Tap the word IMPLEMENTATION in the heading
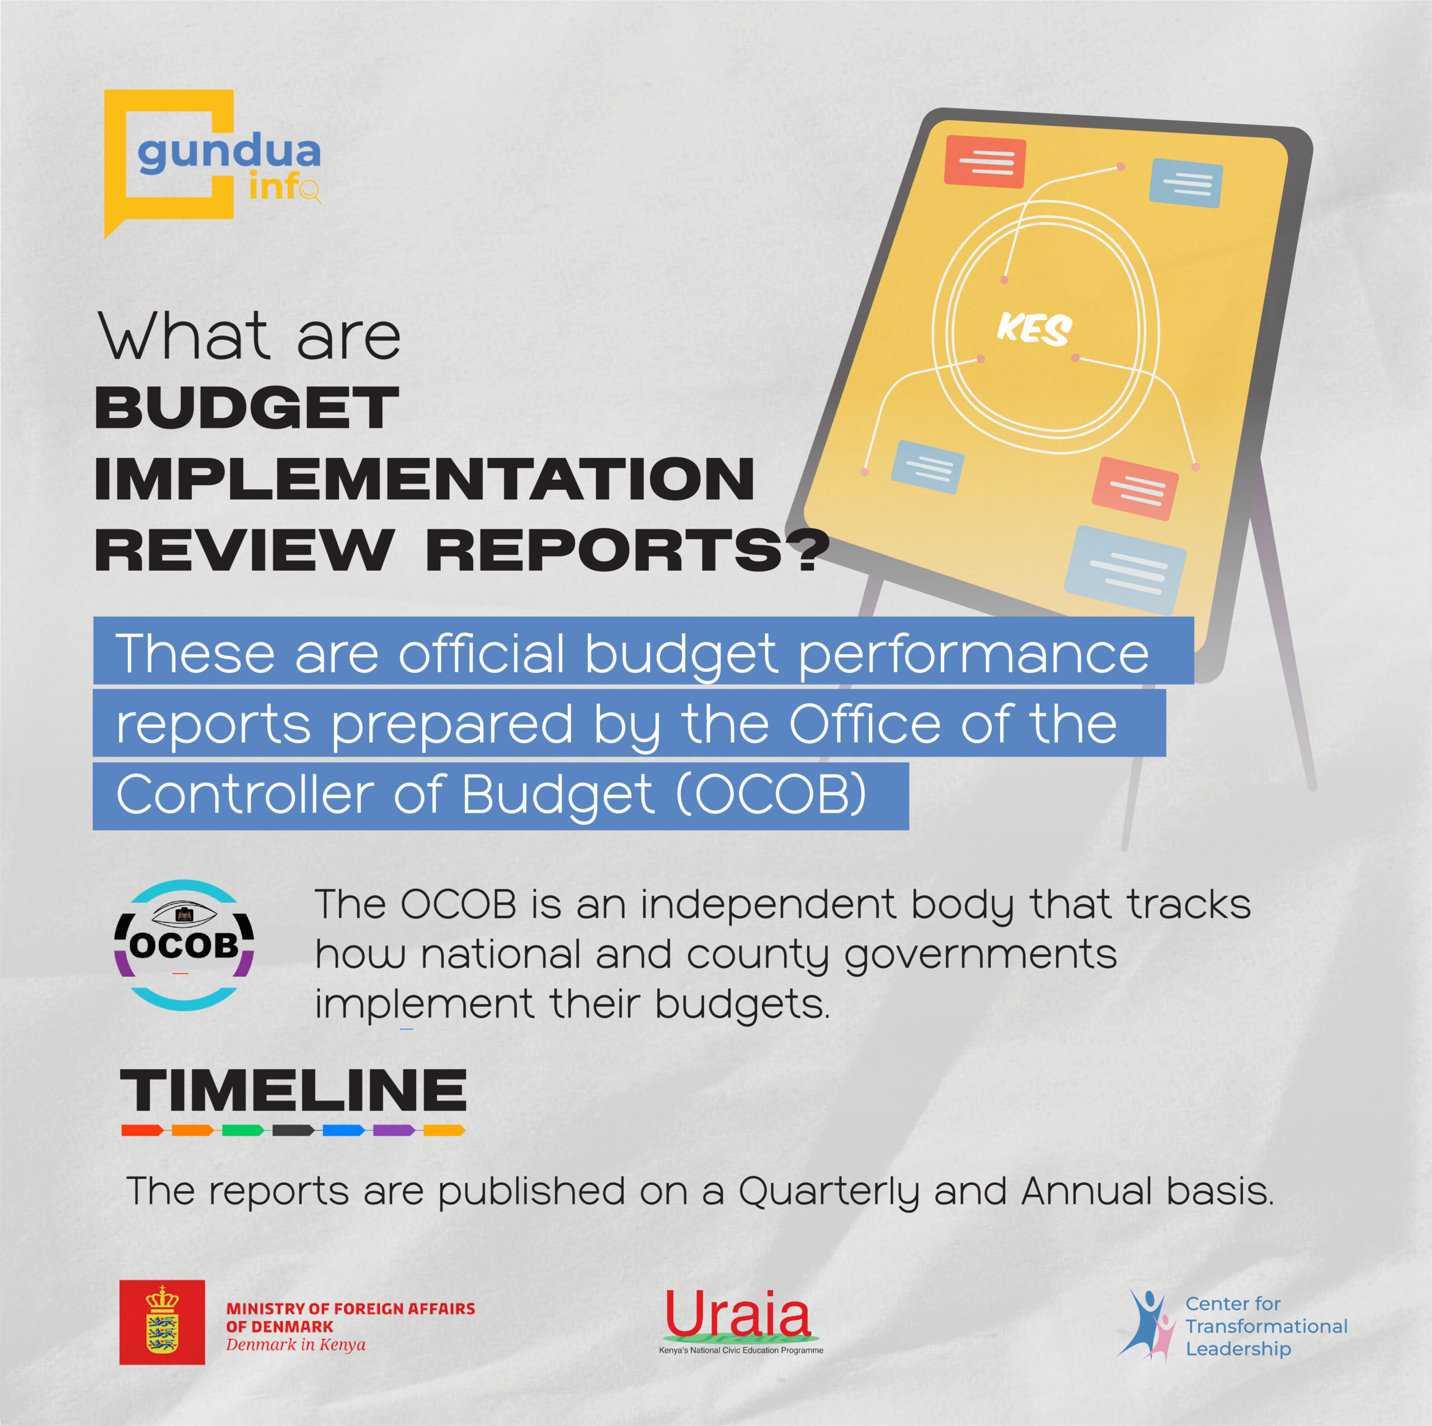click(x=425, y=479)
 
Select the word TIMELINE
click(x=294, y=1090)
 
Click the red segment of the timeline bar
click(x=142, y=1130)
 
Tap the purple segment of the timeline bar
click(x=394, y=1130)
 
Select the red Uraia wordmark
click(x=737, y=1314)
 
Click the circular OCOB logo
click(x=185, y=945)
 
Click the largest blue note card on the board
click(x=1125, y=570)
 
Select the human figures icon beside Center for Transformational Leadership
click(x=1147, y=1324)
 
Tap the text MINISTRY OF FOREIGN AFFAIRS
click(x=351, y=1309)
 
